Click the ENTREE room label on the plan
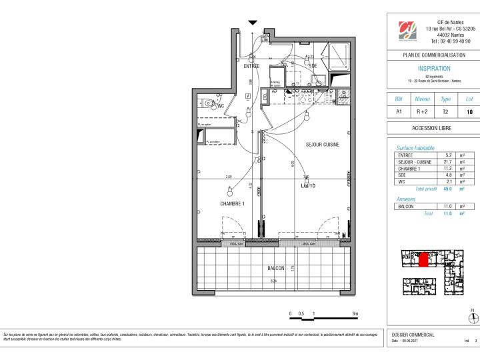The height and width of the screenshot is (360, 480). pos(251,65)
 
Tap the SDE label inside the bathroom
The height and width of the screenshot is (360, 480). pos(312,65)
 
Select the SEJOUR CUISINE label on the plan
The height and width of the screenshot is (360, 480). pos(323,145)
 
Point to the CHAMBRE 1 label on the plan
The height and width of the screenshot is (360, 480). pos(233,203)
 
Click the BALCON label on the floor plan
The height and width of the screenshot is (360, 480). pos(275,268)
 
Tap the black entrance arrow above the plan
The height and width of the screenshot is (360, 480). pos(252,23)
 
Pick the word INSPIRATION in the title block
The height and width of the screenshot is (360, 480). pos(433,69)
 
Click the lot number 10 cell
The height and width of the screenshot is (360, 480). pos(469,112)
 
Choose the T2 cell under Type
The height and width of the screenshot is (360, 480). pos(446,112)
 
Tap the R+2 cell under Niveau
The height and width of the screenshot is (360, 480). pos(422,112)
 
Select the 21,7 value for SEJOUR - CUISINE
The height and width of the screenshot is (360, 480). pos(448,162)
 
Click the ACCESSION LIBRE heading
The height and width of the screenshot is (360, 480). pos(433,128)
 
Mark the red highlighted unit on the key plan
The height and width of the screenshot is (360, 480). pos(423,259)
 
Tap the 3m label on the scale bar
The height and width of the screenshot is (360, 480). pos(355,313)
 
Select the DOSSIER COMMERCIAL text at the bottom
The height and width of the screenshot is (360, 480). pos(413,335)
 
